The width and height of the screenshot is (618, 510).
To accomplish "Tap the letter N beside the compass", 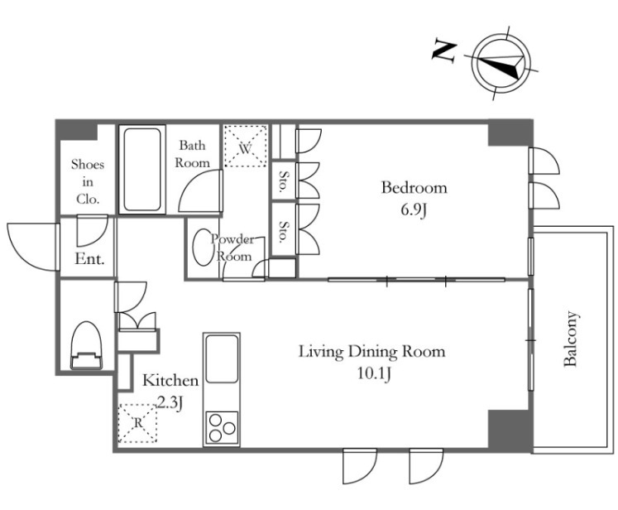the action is pyautogui.click(x=444, y=51).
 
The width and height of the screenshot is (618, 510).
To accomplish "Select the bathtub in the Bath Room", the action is pyautogui.click(x=142, y=169).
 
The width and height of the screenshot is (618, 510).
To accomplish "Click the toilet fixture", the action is pyautogui.click(x=86, y=345).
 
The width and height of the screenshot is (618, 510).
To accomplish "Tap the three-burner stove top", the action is pyautogui.click(x=222, y=428).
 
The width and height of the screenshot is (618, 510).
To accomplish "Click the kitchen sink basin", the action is pyautogui.click(x=222, y=359).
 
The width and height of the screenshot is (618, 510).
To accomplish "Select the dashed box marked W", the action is pyautogui.click(x=246, y=147).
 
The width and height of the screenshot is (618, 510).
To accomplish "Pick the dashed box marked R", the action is pyautogui.click(x=137, y=424).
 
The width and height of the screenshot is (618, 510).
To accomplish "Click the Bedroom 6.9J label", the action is pyautogui.click(x=414, y=199).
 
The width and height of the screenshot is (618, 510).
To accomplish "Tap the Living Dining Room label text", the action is pyautogui.click(x=372, y=351).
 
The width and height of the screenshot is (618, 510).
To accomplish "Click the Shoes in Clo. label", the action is pyautogui.click(x=88, y=181).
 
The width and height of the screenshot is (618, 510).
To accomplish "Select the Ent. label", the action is pyautogui.click(x=89, y=259).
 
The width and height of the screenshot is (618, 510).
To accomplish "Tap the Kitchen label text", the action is pyautogui.click(x=170, y=380).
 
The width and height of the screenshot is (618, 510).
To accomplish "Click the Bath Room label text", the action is pyautogui.click(x=192, y=154).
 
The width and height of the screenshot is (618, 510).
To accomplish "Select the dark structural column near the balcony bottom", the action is pyautogui.click(x=509, y=429).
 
